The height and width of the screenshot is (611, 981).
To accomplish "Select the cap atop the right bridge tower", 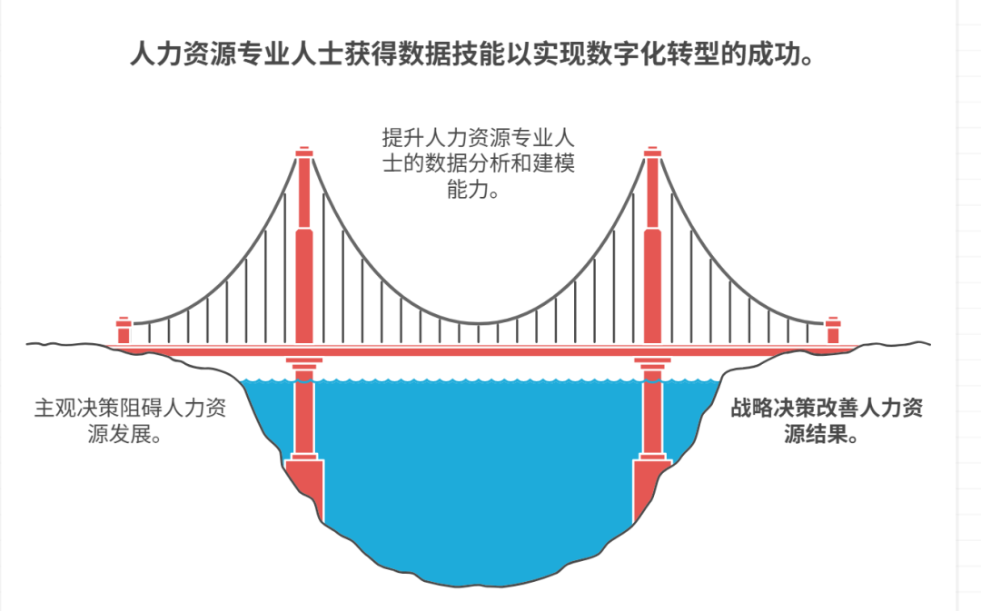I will coord(651,152).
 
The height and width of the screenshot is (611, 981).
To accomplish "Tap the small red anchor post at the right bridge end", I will coord(832,330).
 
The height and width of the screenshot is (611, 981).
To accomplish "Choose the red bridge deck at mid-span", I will coord(478,350).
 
